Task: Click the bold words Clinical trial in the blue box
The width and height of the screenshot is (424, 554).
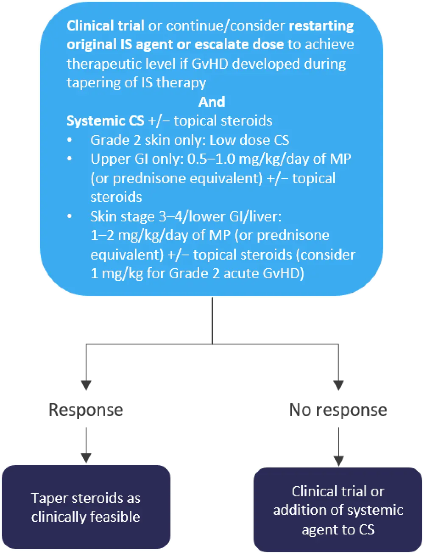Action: (105, 26)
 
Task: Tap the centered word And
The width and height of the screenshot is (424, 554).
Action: (212, 102)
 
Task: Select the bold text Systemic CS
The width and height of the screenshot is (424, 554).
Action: (106, 121)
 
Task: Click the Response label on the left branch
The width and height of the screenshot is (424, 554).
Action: (86, 410)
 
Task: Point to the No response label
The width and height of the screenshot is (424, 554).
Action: (338, 410)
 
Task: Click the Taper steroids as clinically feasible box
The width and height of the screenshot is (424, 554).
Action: (86, 507)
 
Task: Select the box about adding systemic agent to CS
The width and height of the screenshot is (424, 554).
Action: (338, 510)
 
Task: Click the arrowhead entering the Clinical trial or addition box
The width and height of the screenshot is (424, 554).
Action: (338, 459)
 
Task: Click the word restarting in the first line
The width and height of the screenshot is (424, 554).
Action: (321, 26)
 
